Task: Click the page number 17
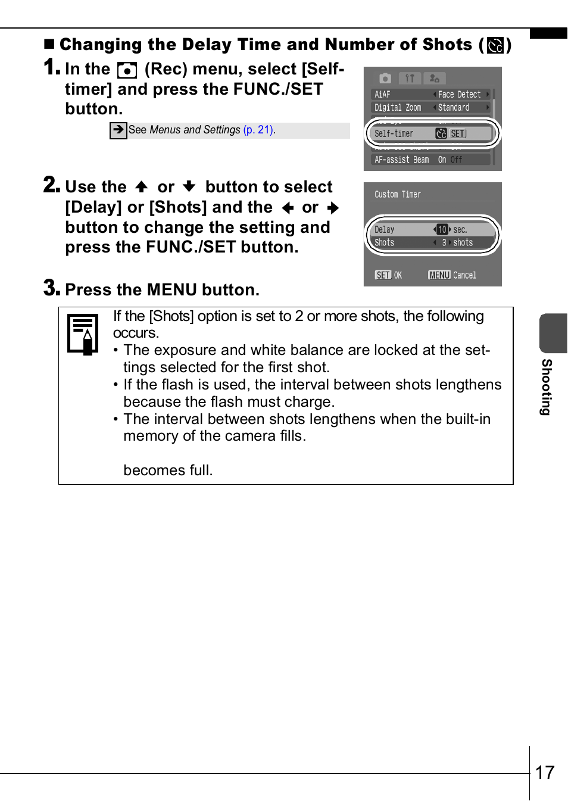coord(545,773)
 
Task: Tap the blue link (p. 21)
coord(258,129)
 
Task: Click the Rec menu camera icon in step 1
coord(127,70)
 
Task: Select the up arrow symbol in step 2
coord(142,187)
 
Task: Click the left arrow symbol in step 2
coord(288,208)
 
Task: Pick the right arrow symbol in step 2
coord(333,208)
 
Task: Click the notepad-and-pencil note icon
coord(83,334)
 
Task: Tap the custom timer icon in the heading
coord(495,45)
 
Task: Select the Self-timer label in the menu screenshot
coord(394,134)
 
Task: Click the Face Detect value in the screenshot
coord(459,95)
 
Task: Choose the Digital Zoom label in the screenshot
coord(398,108)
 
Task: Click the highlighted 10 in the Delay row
coord(442,229)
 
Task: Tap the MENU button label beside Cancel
coord(439,275)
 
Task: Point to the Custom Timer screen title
coord(398,194)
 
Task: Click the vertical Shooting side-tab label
coord(546,387)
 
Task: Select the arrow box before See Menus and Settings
coord(118,130)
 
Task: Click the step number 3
coord(52,288)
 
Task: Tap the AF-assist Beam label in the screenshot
coord(401,160)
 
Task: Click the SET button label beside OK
coord(383,275)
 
